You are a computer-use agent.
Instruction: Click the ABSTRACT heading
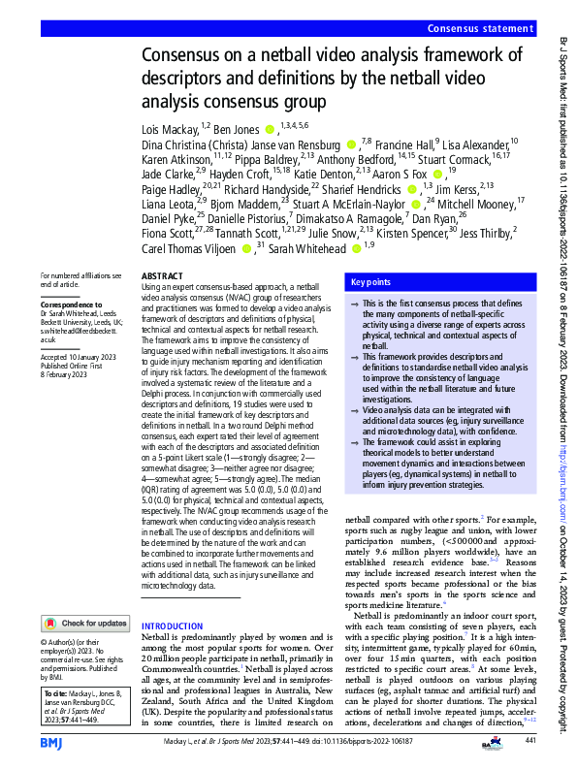click(x=163, y=276)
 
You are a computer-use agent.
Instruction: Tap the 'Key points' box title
click(x=371, y=282)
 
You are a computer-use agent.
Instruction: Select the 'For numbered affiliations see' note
click(x=75, y=274)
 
